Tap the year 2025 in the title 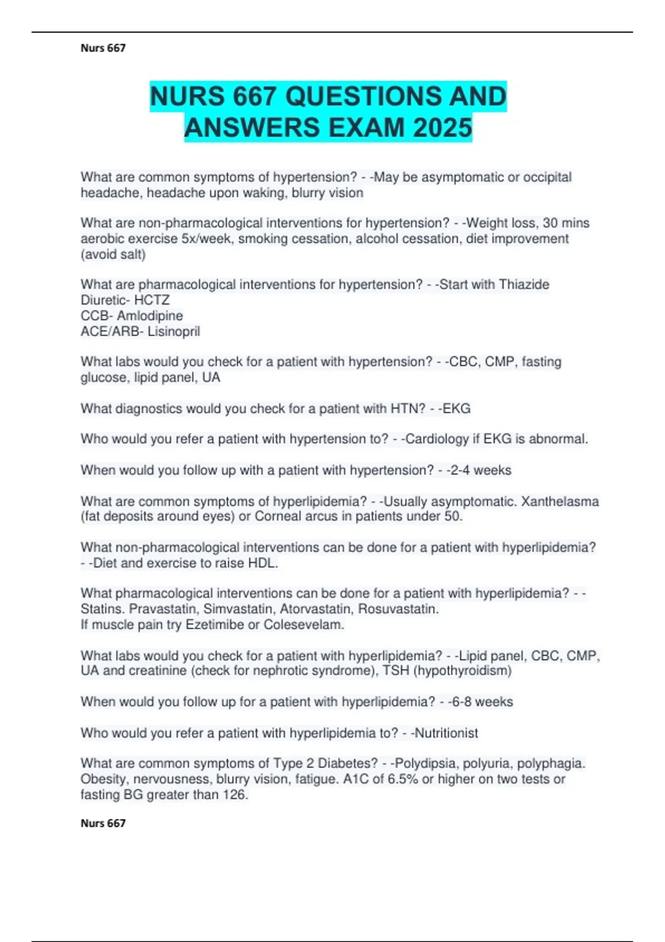442,128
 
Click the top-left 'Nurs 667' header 103,48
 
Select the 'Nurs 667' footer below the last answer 103,823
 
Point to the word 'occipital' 548,177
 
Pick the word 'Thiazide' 524,285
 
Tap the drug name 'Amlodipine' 150,316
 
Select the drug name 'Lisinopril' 173,331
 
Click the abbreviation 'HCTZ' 152,300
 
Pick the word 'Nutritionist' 446,733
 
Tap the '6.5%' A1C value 403,779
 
